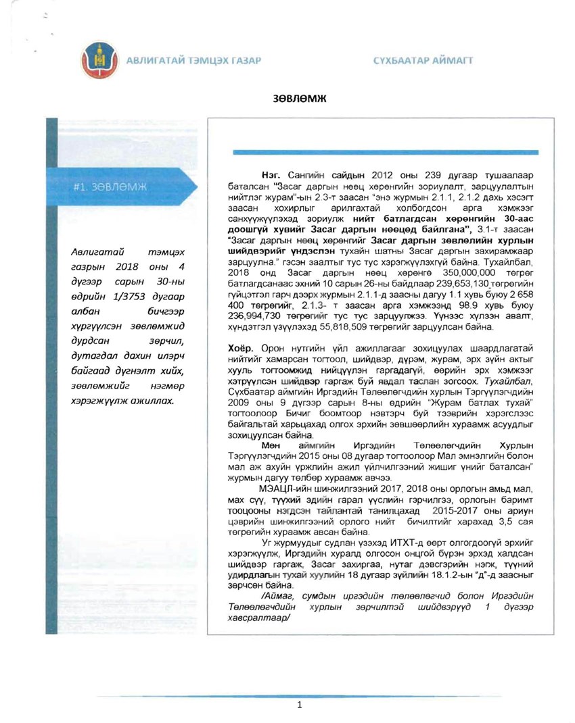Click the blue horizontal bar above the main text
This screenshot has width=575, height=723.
tap(385, 152)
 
